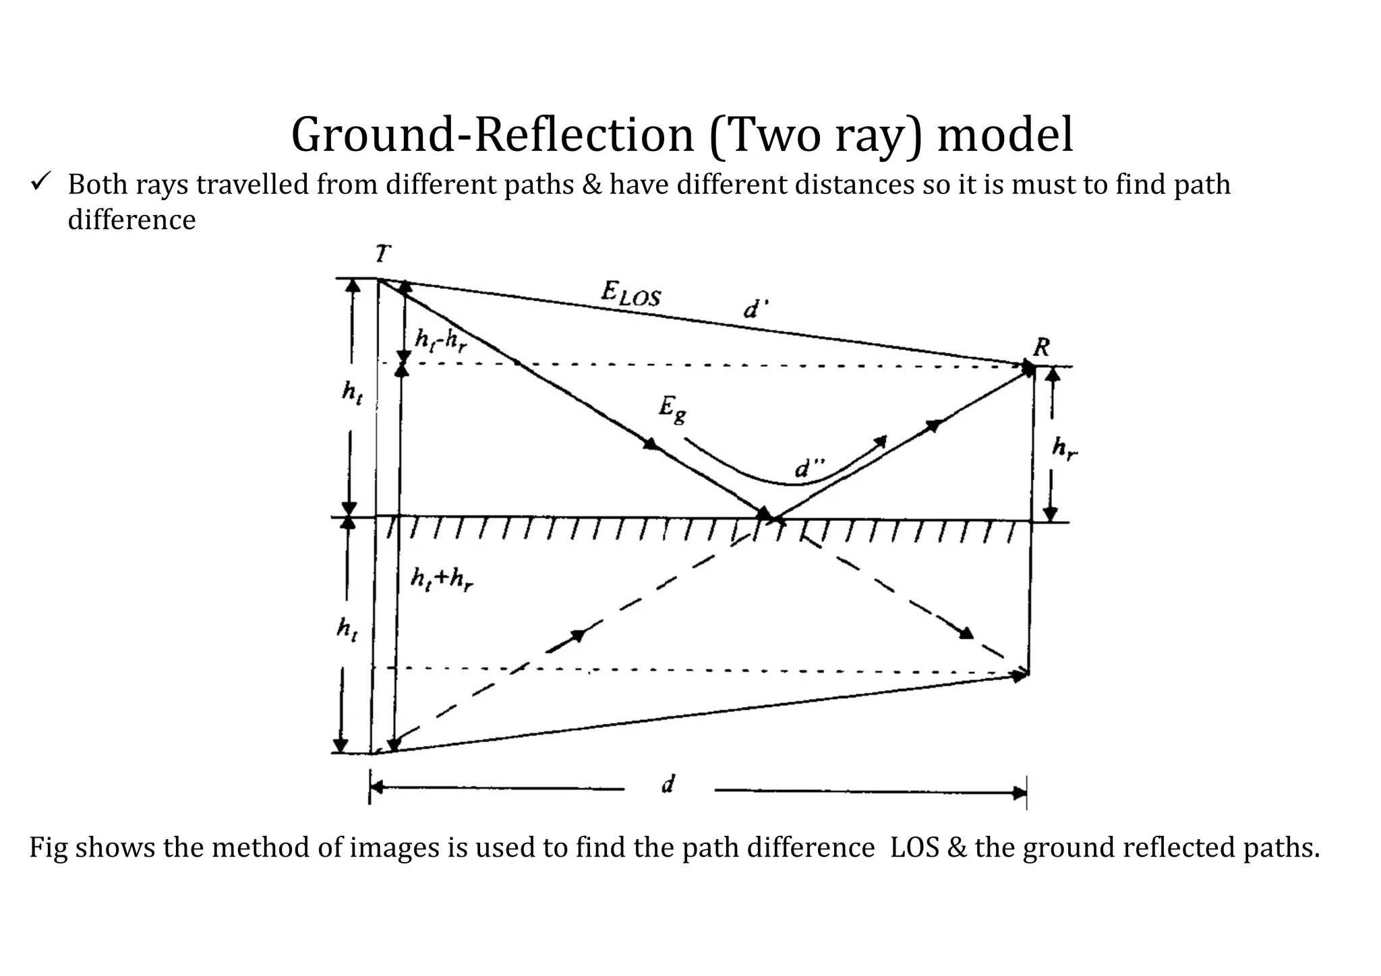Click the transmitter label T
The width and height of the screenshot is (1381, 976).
[382, 255]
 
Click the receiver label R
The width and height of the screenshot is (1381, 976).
[1041, 348]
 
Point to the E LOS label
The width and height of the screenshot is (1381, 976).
[630, 294]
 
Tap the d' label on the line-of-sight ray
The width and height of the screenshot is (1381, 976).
[755, 309]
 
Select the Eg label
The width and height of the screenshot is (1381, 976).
[672, 409]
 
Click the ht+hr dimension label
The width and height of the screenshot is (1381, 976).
[442, 579]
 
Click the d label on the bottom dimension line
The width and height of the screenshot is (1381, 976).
[668, 784]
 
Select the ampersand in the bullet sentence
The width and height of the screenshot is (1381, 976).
[591, 185]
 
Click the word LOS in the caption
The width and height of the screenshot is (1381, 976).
[914, 847]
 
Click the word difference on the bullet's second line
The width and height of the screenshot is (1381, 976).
[131, 220]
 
